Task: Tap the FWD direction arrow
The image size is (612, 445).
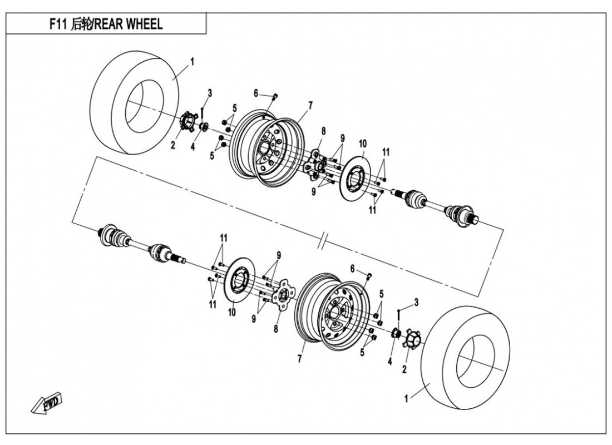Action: [48, 403]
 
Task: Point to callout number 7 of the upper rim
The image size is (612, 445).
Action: [310, 105]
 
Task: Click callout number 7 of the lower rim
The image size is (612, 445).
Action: [299, 359]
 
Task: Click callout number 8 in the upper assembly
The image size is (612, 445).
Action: [323, 131]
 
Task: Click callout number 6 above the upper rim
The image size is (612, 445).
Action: [256, 93]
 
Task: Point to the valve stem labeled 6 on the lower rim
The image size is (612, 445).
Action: [369, 274]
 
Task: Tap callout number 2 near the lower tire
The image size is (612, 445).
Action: [404, 368]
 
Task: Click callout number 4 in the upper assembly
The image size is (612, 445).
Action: [193, 147]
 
